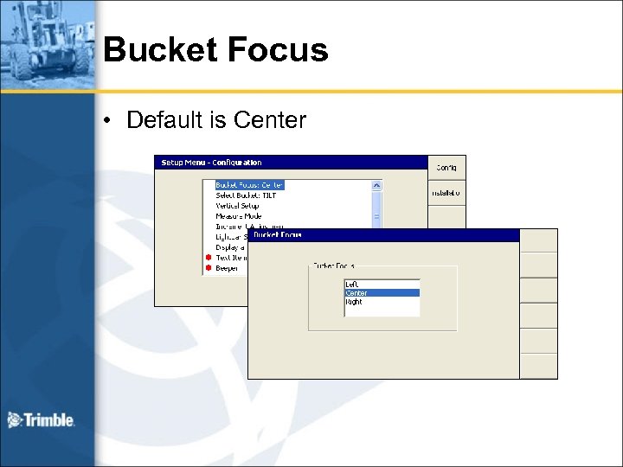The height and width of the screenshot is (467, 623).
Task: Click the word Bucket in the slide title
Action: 158,50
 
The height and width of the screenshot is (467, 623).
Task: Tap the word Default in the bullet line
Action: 164,119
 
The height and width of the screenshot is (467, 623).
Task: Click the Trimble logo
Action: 42,420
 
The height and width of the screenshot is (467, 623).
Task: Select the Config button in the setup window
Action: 446,167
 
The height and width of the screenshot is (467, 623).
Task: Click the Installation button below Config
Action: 446,193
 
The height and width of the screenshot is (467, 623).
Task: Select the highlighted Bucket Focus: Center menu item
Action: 249,185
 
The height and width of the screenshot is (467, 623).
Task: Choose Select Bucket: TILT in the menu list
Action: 246,195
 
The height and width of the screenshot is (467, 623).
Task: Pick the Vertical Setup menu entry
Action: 237,206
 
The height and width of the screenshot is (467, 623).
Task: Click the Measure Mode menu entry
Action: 239,216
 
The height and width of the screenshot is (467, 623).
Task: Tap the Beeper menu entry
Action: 227,268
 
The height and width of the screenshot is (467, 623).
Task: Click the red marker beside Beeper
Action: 208,268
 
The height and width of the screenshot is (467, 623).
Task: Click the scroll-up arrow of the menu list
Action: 376,185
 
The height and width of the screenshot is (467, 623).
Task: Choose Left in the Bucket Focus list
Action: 352,284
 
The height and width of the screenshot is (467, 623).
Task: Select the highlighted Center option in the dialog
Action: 356,293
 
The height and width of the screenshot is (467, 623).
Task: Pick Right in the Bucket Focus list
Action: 354,303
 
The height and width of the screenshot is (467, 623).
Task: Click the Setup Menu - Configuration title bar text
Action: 211,163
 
